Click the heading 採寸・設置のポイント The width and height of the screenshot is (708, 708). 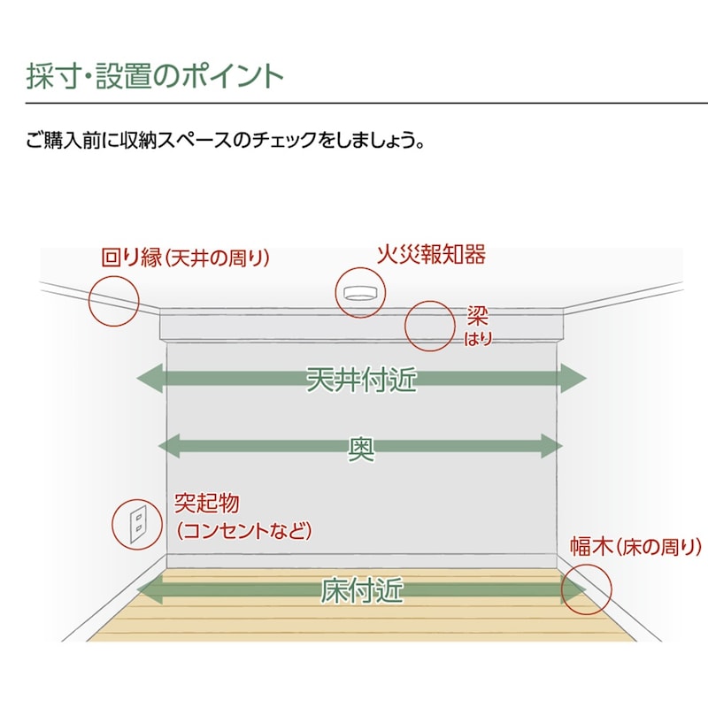pyautogui.click(x=155, y=75)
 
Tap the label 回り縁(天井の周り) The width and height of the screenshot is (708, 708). pyautogui.click(x=185, y=258)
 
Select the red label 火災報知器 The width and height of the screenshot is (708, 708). pyautogui.click(x=431, y=256)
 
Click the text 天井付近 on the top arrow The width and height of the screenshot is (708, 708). pyautogui.click(x=361, y=379)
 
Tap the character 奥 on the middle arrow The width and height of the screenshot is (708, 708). pyautogui.click(x=361, y=448)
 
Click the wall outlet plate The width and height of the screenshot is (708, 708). pyautogui.click(x=138, y=524)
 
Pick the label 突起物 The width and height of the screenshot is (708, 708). pyautogui.click(x=206, y=504)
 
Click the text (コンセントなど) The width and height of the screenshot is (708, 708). pyautogui.click(x=243, y=531)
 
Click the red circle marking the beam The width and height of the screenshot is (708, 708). pyautogui.click(x=430, y=326)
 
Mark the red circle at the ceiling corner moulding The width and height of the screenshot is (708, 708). pyautogui.click(x=115, y=299)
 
